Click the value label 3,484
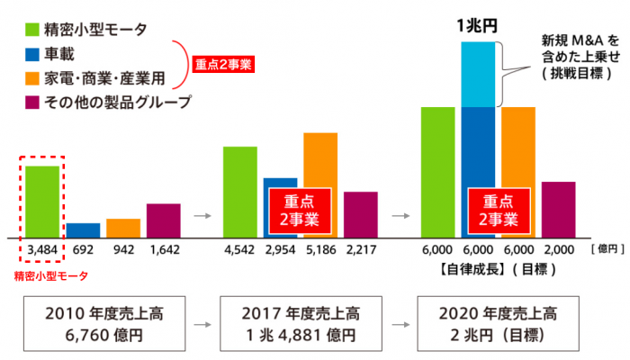pyautogui.click(x=42, y=248)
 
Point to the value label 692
pyautogui.click(x=84, y=248)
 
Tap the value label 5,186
pyautogui.click(x=321, y=248)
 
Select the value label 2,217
pyautogui.click(x=362, y=248)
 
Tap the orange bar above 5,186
pyautogui.click(x=320, y=162)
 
